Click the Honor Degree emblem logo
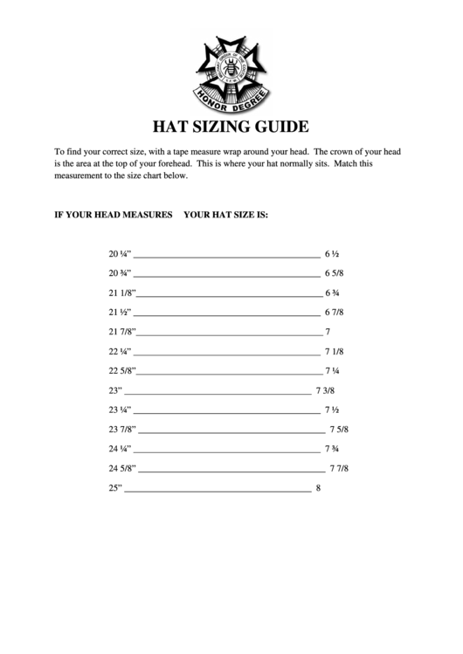(231, 68)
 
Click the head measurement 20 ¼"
(120, 254)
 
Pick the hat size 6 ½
(332, 254)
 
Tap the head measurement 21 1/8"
(121, 293)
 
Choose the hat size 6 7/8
(335, 313)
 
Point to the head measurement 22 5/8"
(121, 371)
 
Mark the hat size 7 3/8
(326, 390)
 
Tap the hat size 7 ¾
(332, 449)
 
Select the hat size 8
(318, 488)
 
